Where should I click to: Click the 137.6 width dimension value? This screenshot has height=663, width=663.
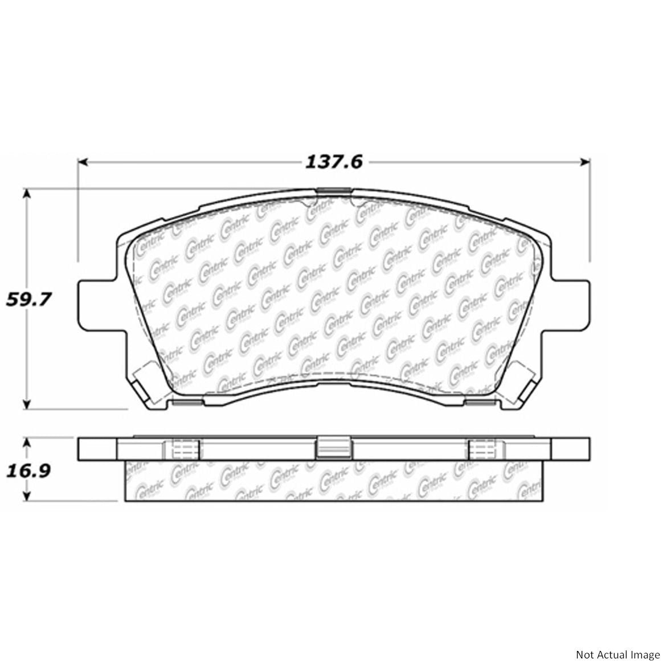click(x=334, y=162)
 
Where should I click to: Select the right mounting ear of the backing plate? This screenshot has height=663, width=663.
click(x=571, y=304)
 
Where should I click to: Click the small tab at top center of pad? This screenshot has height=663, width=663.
click(x=333, y=190)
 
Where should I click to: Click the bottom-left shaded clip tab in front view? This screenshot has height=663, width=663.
click(x=187, y=403)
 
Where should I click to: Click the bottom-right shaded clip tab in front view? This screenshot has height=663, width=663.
click(x=480, y=403)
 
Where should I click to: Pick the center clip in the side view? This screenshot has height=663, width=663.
click(x=333, y=448)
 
